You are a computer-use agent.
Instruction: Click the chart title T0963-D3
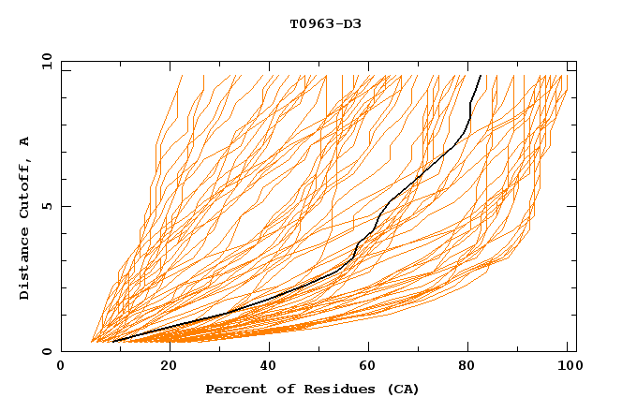(x=325, y=23)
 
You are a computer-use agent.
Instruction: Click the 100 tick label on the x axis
(x=566, y=366)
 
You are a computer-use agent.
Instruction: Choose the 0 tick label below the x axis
(x=61, y=366)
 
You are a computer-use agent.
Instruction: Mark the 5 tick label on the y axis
(x=46, y=206)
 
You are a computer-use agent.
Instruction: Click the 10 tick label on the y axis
(x=43, y=61)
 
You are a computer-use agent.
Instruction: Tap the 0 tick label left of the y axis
(x=46, y=351)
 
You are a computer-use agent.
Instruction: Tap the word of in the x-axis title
(x=279, y=389)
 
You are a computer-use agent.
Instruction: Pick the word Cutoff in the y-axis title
(x=24, y=185)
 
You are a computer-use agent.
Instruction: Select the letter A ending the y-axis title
(x=24, y=141)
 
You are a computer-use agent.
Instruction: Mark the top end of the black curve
(x=481, y=75)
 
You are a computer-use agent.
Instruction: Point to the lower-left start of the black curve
(x=112, y=341)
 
